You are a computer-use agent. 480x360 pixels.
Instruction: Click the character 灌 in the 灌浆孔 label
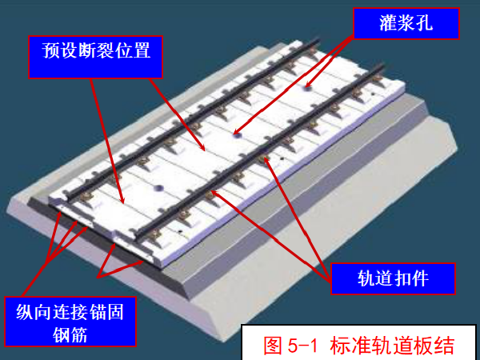coord(388,23)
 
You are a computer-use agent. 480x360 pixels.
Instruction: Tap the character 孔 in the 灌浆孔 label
coord(424,23)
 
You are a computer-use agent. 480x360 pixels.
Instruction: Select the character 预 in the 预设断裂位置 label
coord(51,50)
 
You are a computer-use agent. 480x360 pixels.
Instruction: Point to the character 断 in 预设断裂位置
coord(87,50)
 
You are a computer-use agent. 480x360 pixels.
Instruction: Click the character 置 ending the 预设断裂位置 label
coord(142,50)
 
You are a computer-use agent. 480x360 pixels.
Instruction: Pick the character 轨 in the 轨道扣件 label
coord(366,278)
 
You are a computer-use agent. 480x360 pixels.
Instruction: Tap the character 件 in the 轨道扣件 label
coord(420,278)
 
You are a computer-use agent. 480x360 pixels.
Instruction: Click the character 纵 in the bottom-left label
coord(25,312)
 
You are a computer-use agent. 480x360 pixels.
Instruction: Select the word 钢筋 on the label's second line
coord(70,335)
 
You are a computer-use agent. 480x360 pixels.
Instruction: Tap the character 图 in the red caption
coord(273,346)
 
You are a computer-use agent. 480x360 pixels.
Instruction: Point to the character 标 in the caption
coord(339,346)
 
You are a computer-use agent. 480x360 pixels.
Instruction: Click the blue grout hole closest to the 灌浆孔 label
coord(307,88)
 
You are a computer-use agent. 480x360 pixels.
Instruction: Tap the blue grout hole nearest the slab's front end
coord(158,188)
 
